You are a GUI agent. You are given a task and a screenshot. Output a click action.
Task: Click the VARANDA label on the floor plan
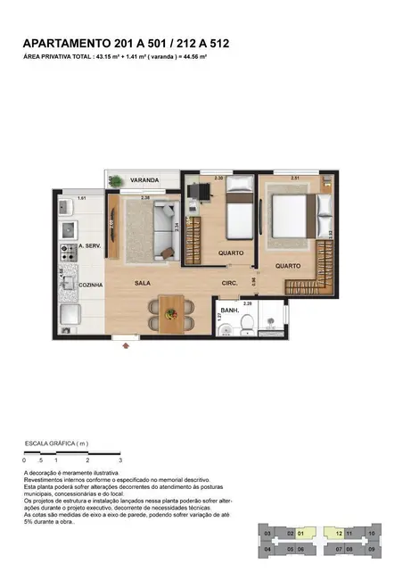(144, 179)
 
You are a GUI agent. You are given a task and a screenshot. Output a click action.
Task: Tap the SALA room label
(143, 283)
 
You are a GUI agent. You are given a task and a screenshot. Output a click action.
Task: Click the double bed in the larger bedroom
(291, 214)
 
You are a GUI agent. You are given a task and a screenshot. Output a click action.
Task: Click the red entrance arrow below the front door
(113, 346)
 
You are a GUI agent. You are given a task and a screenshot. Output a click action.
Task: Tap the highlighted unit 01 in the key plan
(301, 533)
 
